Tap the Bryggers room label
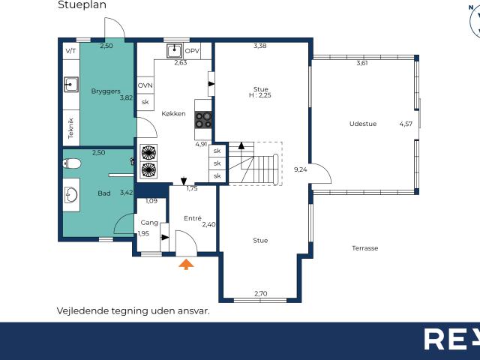coord(105,91)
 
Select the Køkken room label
coord(173,114)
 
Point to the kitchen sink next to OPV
coord(175,50)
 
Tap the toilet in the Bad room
coord(72,163)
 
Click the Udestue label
coord(363,124)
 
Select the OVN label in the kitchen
coord(145,85)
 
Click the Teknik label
coord(71,129)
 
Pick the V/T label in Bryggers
coord(71,51)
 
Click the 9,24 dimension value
coord(301,169)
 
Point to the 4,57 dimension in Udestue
coord(406,124)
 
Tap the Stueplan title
coord(82,4)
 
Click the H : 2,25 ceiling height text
coord(260,95)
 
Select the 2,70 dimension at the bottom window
coord(260,293)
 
